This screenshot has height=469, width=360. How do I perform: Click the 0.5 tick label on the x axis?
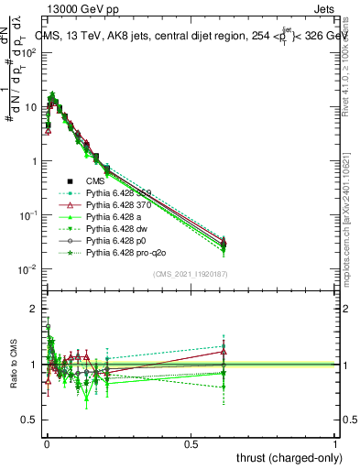click(191, 443)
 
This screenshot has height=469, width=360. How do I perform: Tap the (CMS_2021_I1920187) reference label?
click(191, 273)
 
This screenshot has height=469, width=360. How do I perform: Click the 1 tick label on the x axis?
click(335, 443)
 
